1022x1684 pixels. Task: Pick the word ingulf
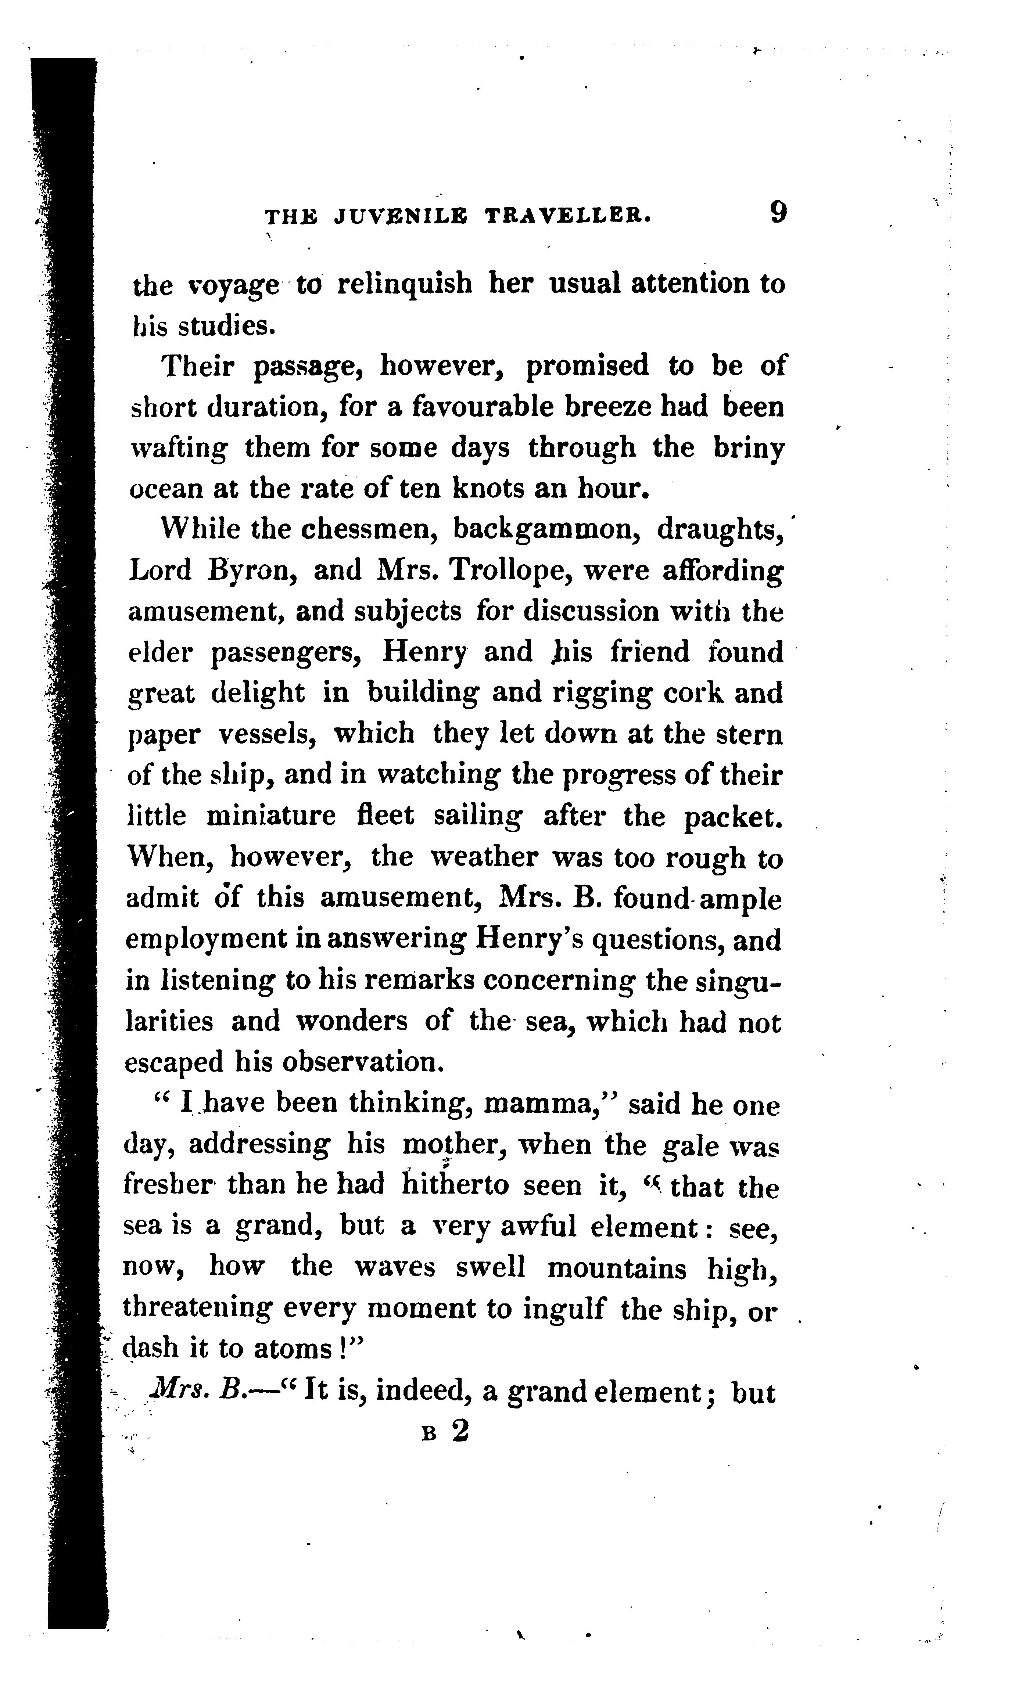[564, 1310]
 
